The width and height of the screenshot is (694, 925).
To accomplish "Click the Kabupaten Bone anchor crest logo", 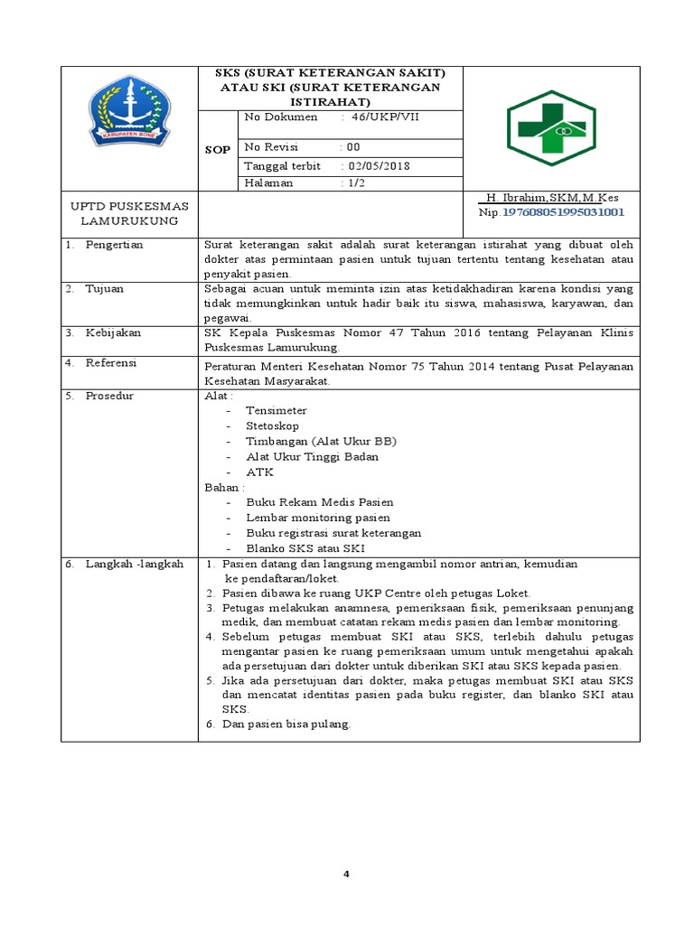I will pos(129,111).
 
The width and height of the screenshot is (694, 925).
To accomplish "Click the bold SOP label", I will pos(218,149).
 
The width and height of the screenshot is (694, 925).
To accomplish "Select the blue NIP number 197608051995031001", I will pos(563,212).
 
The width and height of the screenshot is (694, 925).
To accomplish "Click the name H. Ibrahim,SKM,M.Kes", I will pos(552,197).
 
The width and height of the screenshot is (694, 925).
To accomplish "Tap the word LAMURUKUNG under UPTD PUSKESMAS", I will pos(129,220).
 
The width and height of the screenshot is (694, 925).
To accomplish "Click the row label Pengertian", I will pos(115,245).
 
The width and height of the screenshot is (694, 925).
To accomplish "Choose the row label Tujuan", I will pos(105,288).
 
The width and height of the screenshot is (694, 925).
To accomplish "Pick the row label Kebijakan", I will pos(113,332).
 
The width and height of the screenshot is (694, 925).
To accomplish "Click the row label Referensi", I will pos(111,362).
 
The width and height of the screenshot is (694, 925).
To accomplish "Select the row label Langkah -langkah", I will pos(134,564).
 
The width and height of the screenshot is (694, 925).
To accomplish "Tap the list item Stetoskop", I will pos(272,425).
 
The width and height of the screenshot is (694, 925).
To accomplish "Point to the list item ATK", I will pos(259,472).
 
